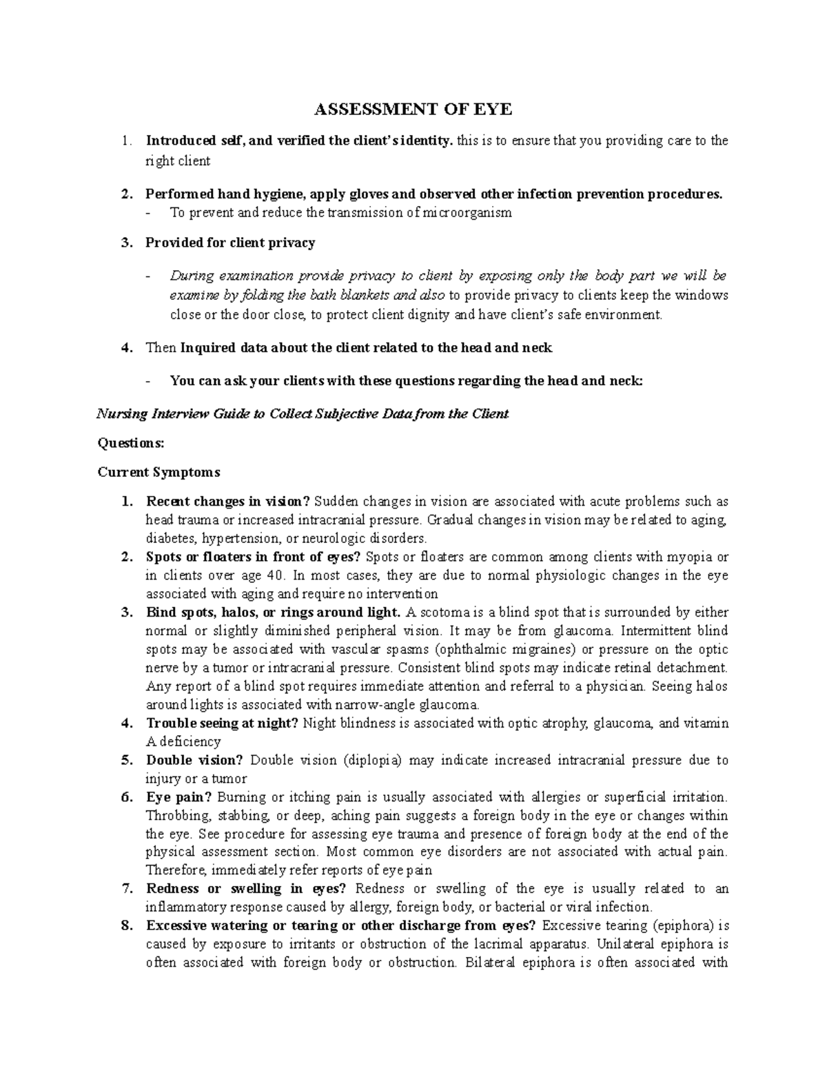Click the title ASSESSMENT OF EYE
(x=413, y=110)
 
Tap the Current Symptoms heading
(x=159, y=472)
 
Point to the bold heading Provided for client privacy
(x=230, y=243)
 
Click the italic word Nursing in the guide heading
(x=121, y=414)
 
